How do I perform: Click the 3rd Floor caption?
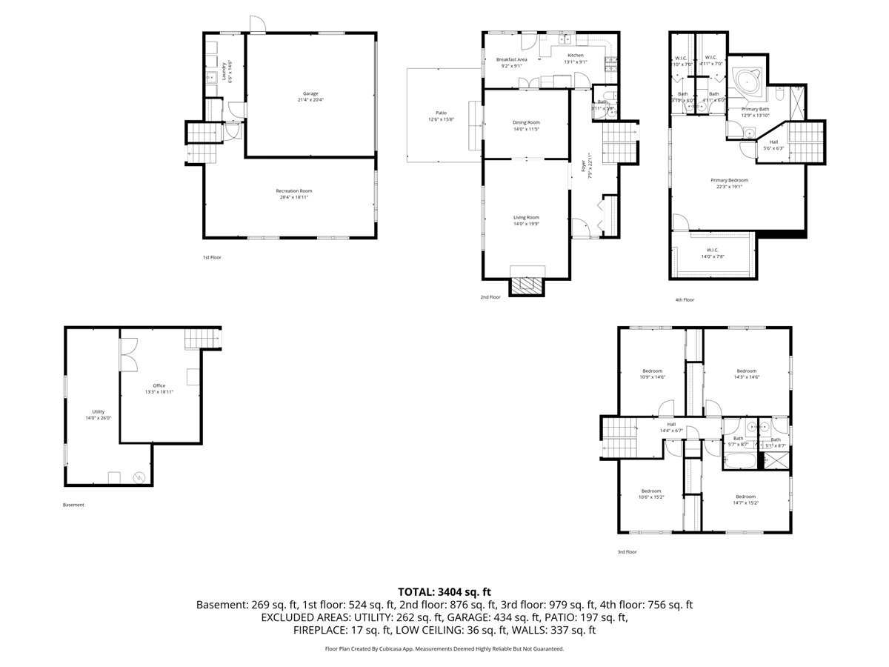click(627, 551)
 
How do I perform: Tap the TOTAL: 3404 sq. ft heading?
click(444, 591)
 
